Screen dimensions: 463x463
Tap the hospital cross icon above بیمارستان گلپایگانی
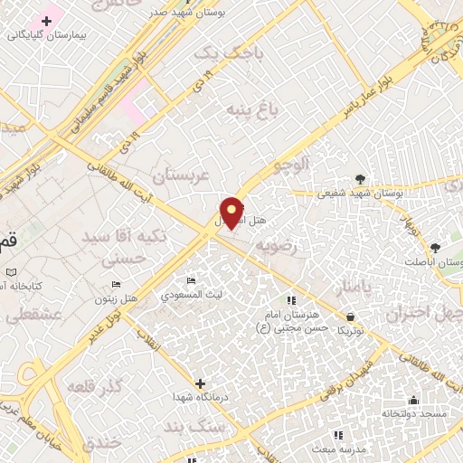point(46,21)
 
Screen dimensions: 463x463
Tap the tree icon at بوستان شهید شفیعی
point(361,178)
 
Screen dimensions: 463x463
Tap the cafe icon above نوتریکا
point(350,316)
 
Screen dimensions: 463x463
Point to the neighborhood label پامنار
point(353,288)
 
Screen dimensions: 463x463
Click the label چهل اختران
point(424,314)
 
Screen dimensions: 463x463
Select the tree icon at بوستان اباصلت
point(435,247)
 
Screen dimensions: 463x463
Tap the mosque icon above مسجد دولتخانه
point(414,400)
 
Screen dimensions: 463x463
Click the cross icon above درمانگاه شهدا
point(200,383)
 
